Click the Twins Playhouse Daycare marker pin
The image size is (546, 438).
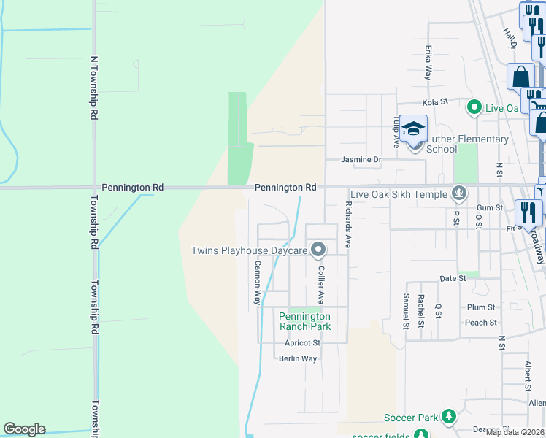(318, 250)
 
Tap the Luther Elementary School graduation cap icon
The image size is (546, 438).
(414, 131)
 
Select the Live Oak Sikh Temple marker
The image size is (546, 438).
(459, 193)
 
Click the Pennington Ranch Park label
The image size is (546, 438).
(304, 321)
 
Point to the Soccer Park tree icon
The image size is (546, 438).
(449, 418)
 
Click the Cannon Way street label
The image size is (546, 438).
(257, 283)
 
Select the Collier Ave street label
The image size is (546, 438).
(320, 285)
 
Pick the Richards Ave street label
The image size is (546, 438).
(348, 226)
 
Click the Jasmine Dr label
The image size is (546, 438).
(361, 159)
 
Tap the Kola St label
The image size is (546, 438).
(434, 103)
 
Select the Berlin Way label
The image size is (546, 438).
(298, 358)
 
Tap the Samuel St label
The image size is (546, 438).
(406, 312)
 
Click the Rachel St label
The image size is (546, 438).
(421, 312)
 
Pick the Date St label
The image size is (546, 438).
(453, 279)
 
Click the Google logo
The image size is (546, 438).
(24, 429)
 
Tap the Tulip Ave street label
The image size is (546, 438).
(396, 132)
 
